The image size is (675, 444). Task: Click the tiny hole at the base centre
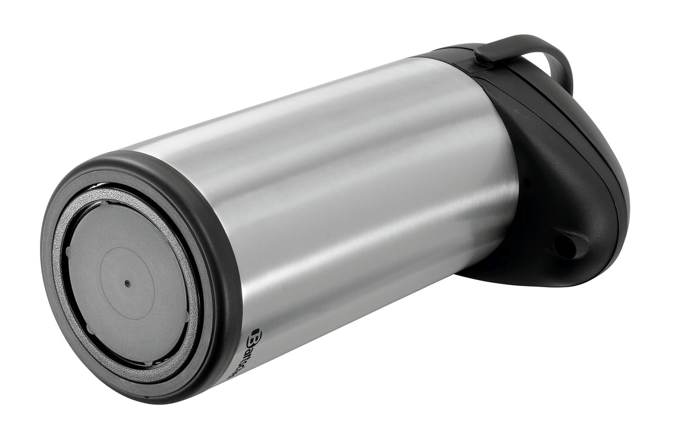[x=127, y=284]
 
